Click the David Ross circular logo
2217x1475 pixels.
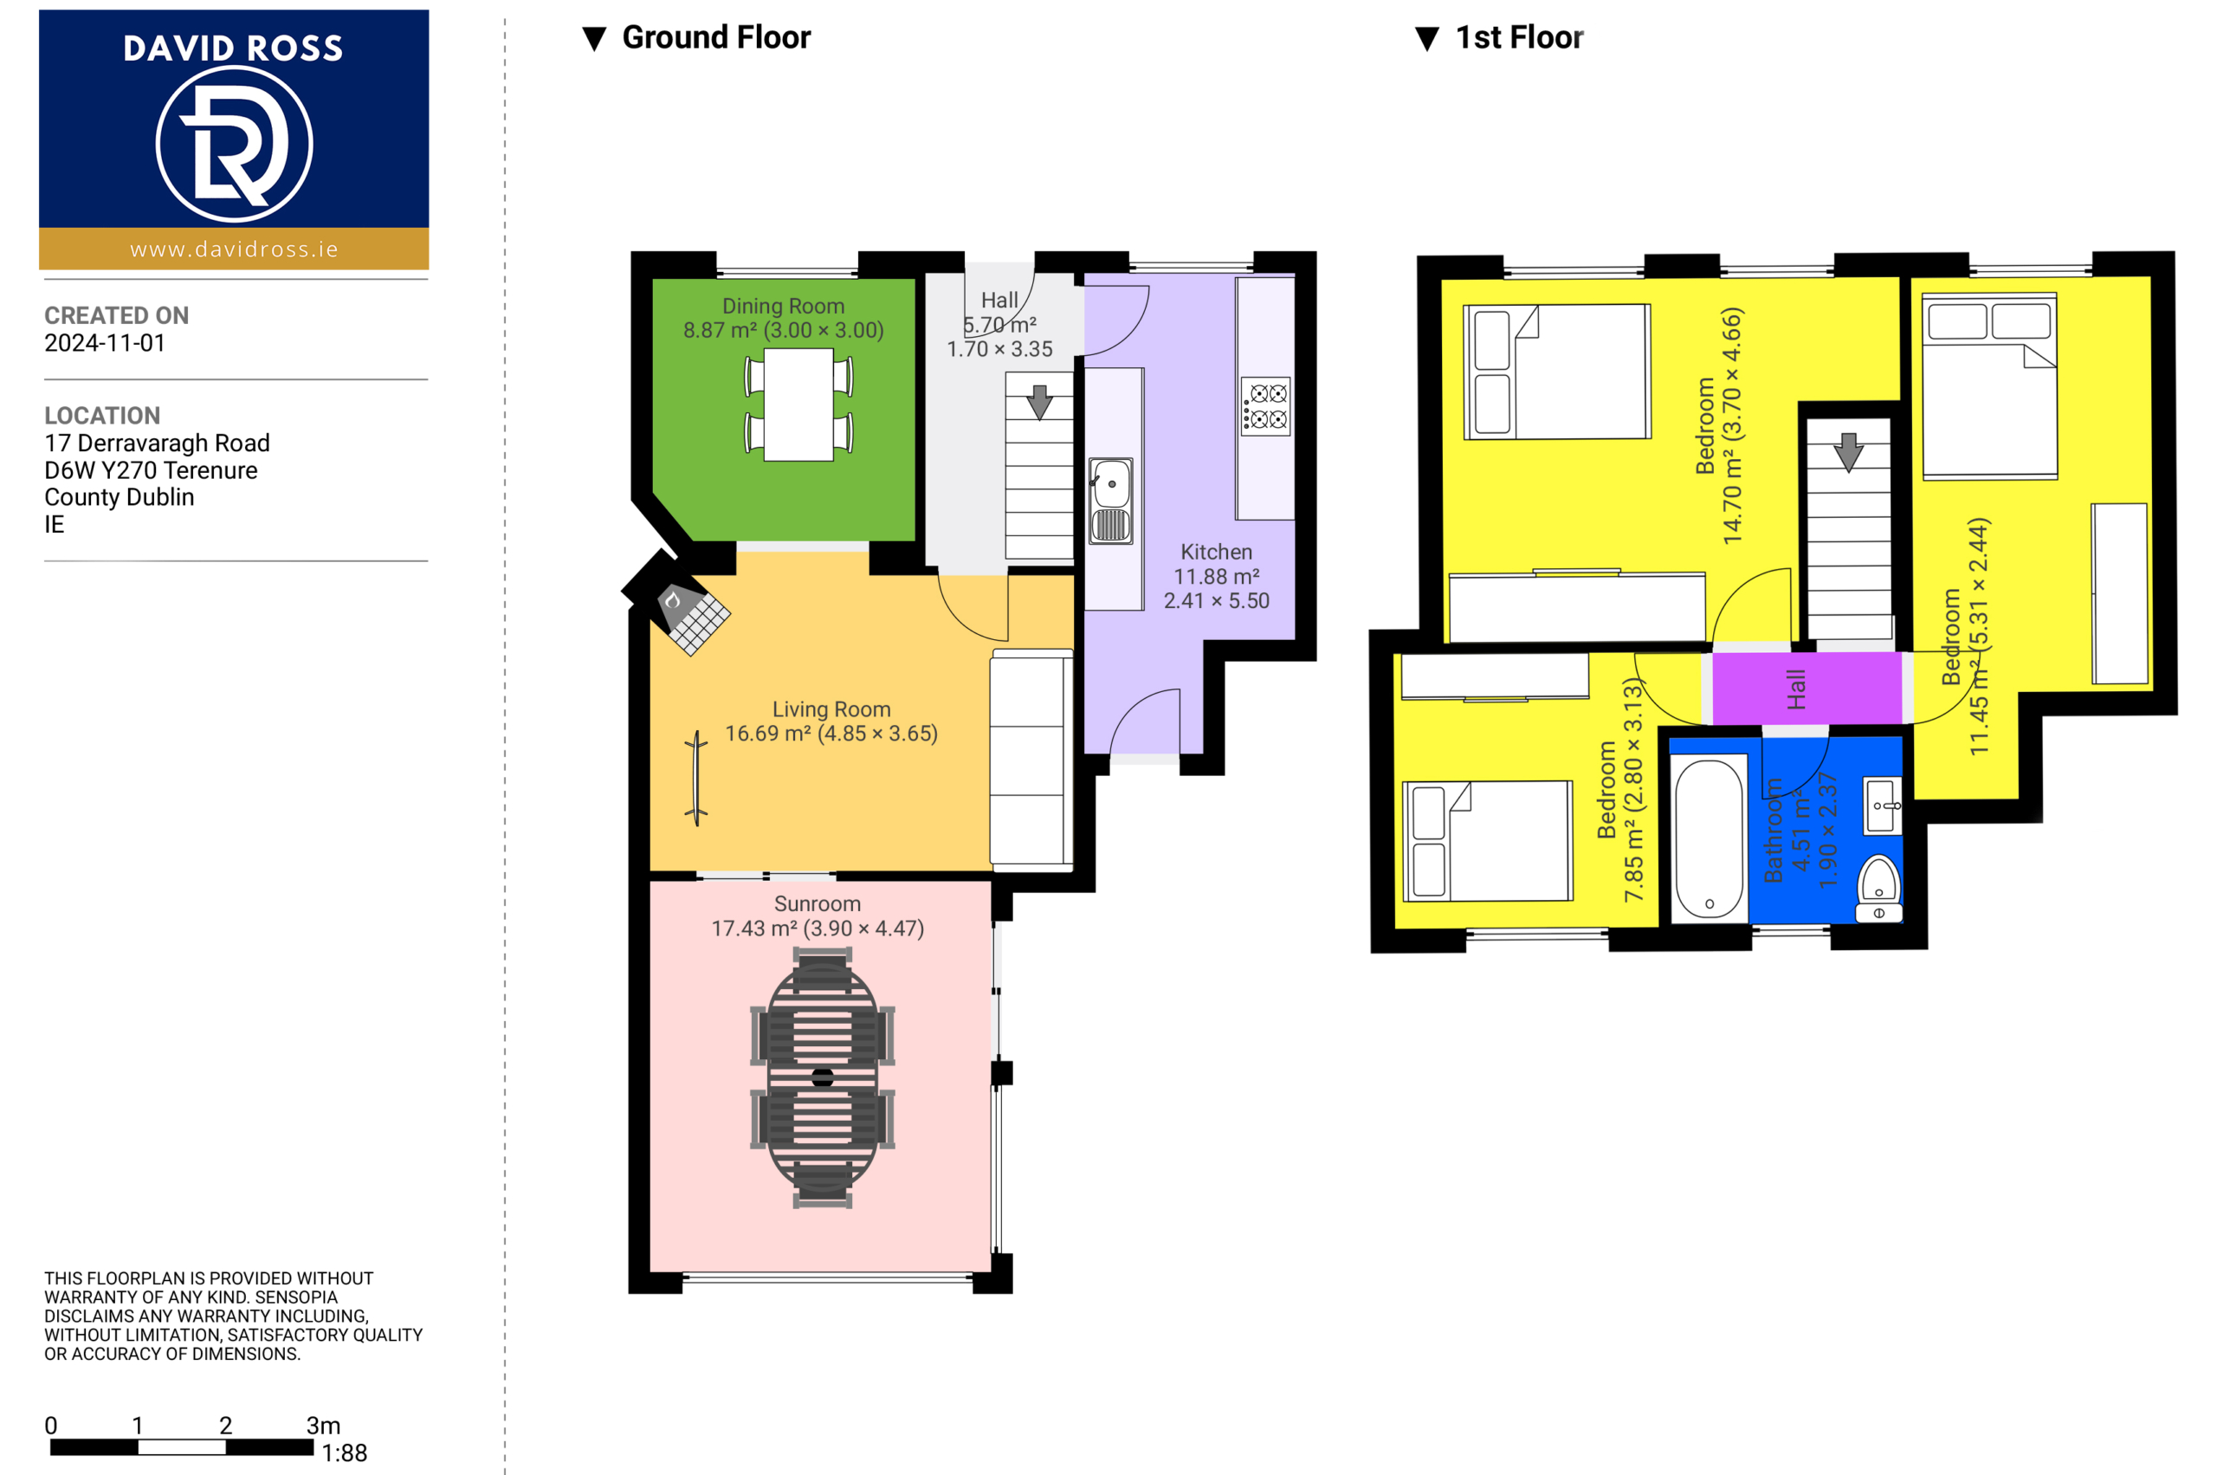pyautogui.click(x=233, y=144)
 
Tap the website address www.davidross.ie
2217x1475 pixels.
pyautogui.click(x=234, y=249)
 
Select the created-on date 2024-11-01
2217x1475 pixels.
pyautogui.click(x=105, y=343)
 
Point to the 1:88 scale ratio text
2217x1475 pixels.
pyautogui.click(x=345, y=1452)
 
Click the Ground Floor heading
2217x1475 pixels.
pyautogui.click(x=716, y=37)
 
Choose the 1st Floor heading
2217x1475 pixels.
pyautogui.click(x=1519, y=37)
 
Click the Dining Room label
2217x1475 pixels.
pyautogui.click(x=784, y=307)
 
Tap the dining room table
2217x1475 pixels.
pyautogui.click(x=798, y=404)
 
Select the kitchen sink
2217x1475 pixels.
pyautogui.click(x=1111, y=501)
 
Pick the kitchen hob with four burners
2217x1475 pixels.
pyautogui.click(x=1265, y=406)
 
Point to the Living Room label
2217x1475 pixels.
pyautogui.click(x=831, y=709)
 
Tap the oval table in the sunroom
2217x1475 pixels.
pyautogui.click(x=822, y=1077)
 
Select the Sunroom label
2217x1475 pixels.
pyautogui.click(x=818, y=904)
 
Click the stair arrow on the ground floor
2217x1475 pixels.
pyautogui.click(x=1039, y=402)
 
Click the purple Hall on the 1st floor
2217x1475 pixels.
pyautogui.click(x=1807, y=689)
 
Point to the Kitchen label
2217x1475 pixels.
pyautogui.click(x=1216, y=553)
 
